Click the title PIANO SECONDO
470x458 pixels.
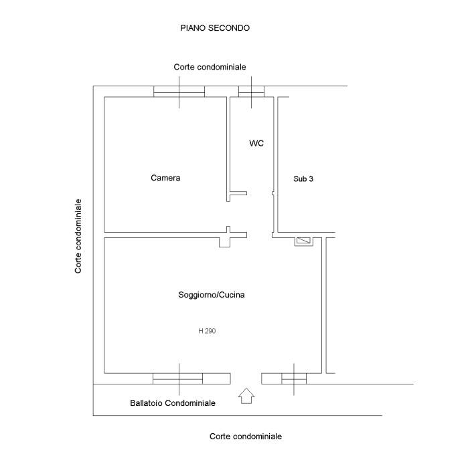[215, 28]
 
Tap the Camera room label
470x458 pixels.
[165, 178]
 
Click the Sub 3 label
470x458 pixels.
[303, 179]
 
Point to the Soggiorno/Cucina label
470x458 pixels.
[206, 295]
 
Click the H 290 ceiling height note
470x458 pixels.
[207, 330]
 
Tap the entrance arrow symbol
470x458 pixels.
[246, 396]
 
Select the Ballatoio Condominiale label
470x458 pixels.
[173, 403]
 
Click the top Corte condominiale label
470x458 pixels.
[210, 67]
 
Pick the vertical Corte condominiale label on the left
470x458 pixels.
[78, 236]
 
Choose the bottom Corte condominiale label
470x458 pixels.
[246, 436]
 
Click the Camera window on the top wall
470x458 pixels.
[179, 92]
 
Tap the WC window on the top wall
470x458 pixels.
[252, 92]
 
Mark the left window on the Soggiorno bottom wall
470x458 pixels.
[178, 379]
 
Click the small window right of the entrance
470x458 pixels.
[293, 379]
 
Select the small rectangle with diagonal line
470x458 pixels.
[304, 241]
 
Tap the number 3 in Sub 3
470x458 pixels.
[311, 179]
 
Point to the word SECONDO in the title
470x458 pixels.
[231, 28]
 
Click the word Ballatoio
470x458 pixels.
[146, 403]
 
